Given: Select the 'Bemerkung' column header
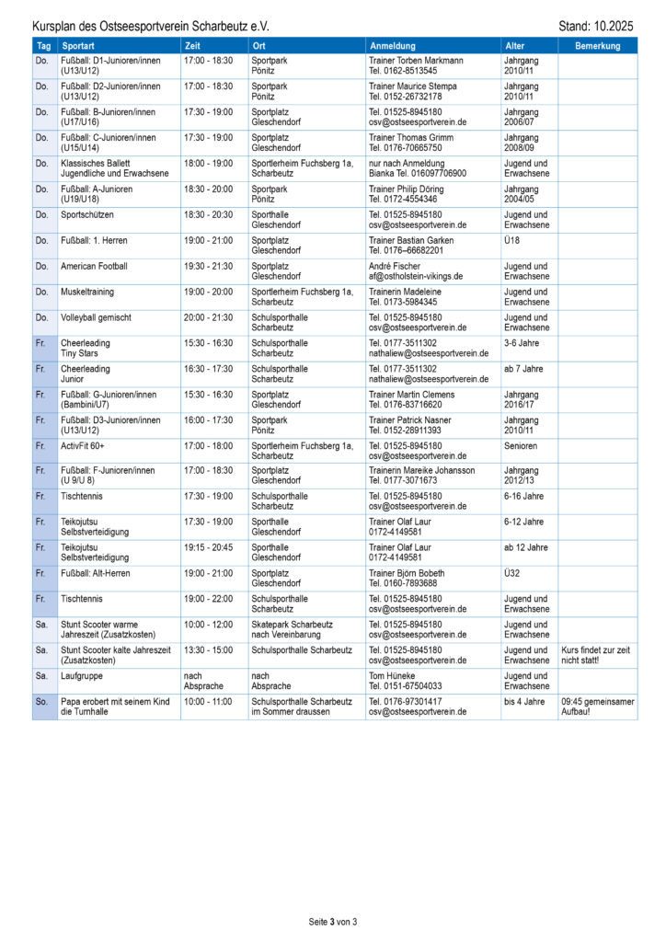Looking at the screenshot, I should pos(597,46).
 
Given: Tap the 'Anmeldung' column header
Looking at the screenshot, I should pos(393,46).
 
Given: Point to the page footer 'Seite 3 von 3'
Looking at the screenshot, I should pos(332,921).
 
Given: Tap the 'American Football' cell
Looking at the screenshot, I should pos(95,266).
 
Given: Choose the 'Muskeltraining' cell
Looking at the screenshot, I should pos(90,292).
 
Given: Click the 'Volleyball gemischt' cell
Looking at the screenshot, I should pos(97,317).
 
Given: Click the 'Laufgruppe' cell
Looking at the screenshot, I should pos(82,675).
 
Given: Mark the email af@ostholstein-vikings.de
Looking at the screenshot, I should pos(416,276).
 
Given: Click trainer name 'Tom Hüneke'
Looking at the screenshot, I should pos(394,675).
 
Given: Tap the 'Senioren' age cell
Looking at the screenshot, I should pos(521,445).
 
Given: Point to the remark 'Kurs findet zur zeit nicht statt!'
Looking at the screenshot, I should pos(597,655).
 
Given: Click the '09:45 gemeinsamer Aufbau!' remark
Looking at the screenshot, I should pos(597,706).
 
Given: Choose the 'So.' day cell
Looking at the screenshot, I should pos(42,701).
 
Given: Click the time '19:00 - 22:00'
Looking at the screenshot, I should pos(209,599).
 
